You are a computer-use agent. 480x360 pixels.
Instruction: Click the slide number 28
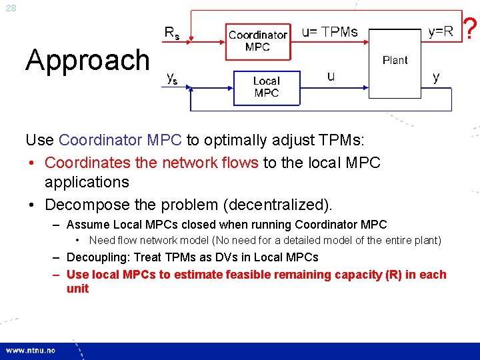click(11, 8)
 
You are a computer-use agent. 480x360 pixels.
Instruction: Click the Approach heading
click(88, 60)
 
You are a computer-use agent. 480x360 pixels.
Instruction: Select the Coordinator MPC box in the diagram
click(257, 41)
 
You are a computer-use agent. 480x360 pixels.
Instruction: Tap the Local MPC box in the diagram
click(266, 87)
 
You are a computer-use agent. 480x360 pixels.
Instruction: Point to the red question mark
click(470, 29)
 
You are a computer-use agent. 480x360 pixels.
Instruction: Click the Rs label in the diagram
click(172, 33)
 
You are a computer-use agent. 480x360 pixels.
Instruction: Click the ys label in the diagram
click(172, 78)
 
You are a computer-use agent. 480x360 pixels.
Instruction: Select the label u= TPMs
click(329, 32)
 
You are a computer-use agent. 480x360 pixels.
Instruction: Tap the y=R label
click(440, 32)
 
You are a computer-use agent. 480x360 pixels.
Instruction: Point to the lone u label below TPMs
click(331, 77)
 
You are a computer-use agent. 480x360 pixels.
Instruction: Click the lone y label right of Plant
click(436, 77)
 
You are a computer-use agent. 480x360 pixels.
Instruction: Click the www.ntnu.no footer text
click(31, 351)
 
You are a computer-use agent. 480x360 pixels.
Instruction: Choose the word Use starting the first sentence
click(39, 141)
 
